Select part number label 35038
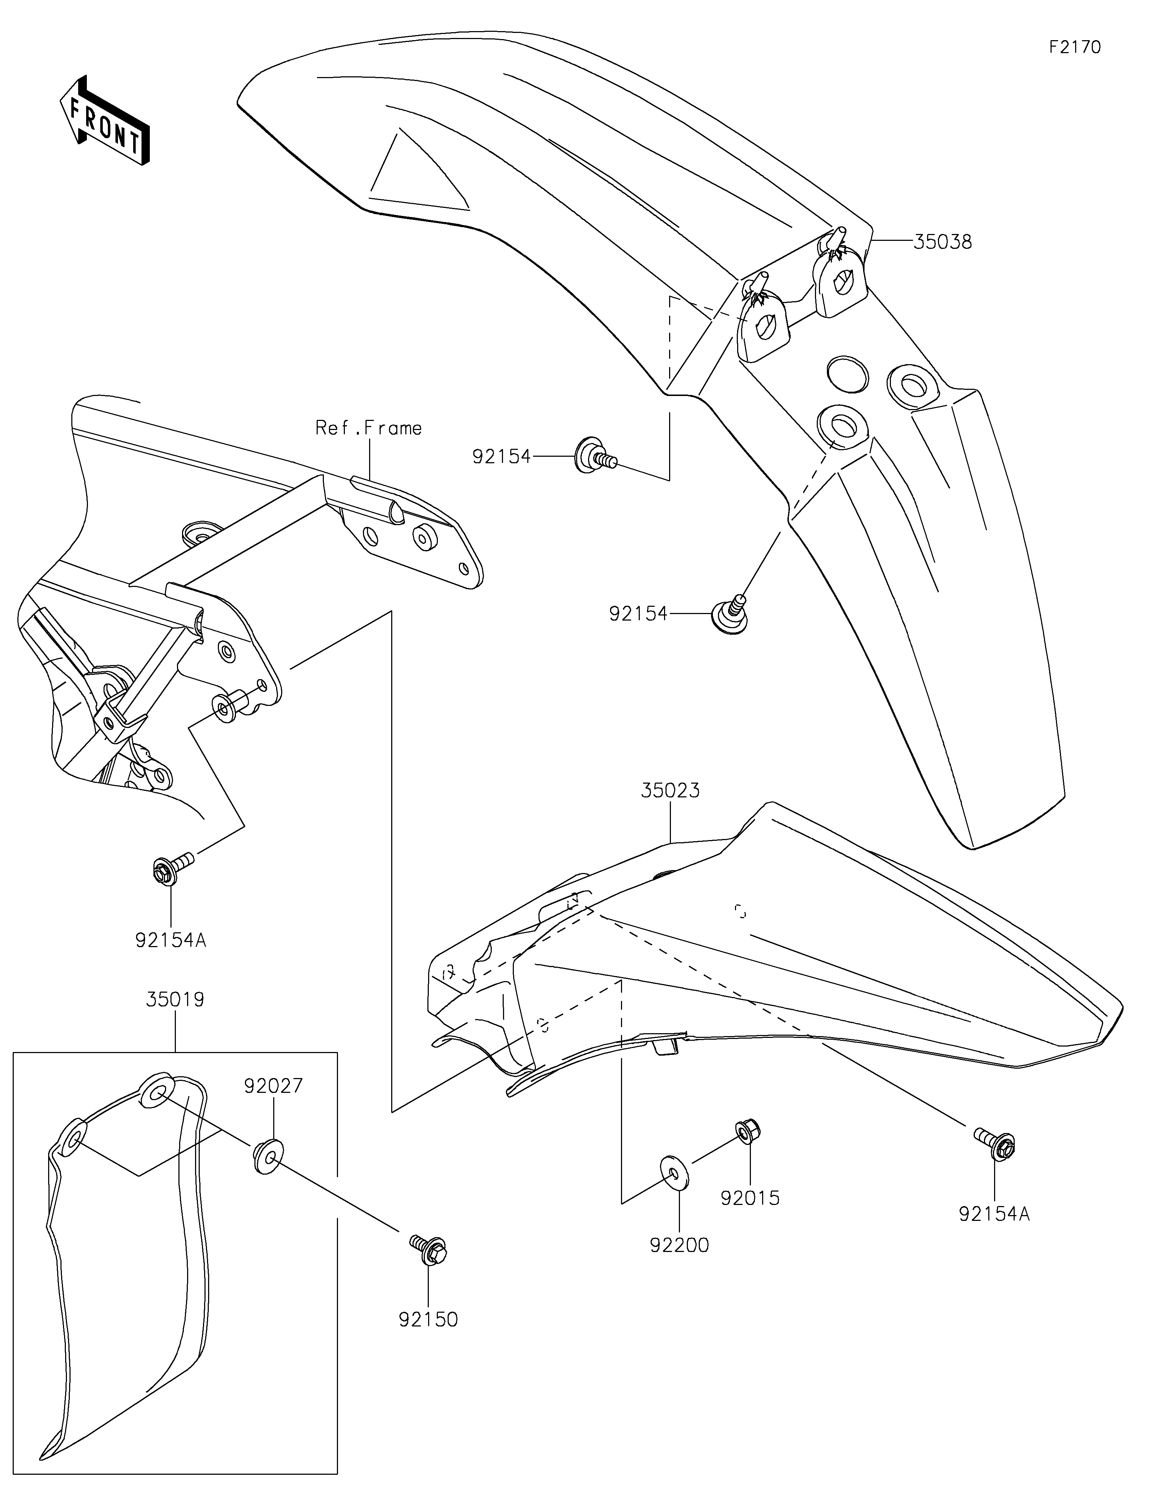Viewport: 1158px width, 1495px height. (942, 242)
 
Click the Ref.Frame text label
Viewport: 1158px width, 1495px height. (368, 429)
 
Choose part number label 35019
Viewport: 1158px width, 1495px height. (175, 1000)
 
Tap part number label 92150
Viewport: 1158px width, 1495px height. (429, 1319)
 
